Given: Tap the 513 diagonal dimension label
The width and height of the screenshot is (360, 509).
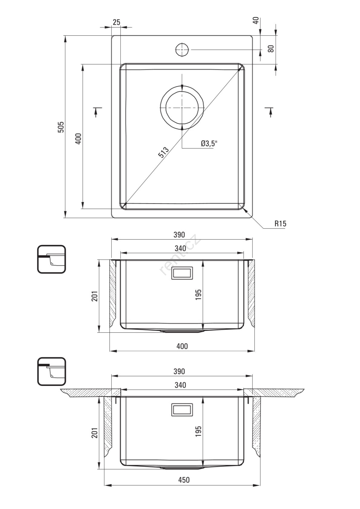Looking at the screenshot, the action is click(x=164, y=152).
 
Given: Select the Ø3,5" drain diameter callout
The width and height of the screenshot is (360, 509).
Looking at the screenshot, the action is click(x=209, y=143).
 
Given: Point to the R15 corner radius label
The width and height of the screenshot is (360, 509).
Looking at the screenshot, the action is click(x=280, y=224).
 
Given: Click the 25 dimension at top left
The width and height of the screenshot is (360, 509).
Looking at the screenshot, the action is click(x=116, y=22).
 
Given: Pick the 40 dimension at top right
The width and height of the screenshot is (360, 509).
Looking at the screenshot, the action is click(x=256, y=20).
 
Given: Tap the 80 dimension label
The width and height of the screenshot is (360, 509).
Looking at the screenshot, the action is click(x=271, y=49).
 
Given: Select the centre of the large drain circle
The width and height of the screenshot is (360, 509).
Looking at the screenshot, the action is click(x=182, y=108).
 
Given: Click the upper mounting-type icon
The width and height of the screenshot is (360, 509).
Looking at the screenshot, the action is click(x=51, y=259).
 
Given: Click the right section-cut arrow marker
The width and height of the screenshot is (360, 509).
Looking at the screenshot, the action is click(x=270, y=112).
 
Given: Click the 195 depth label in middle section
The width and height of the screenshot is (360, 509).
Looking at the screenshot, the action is click(x=198, y=295).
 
